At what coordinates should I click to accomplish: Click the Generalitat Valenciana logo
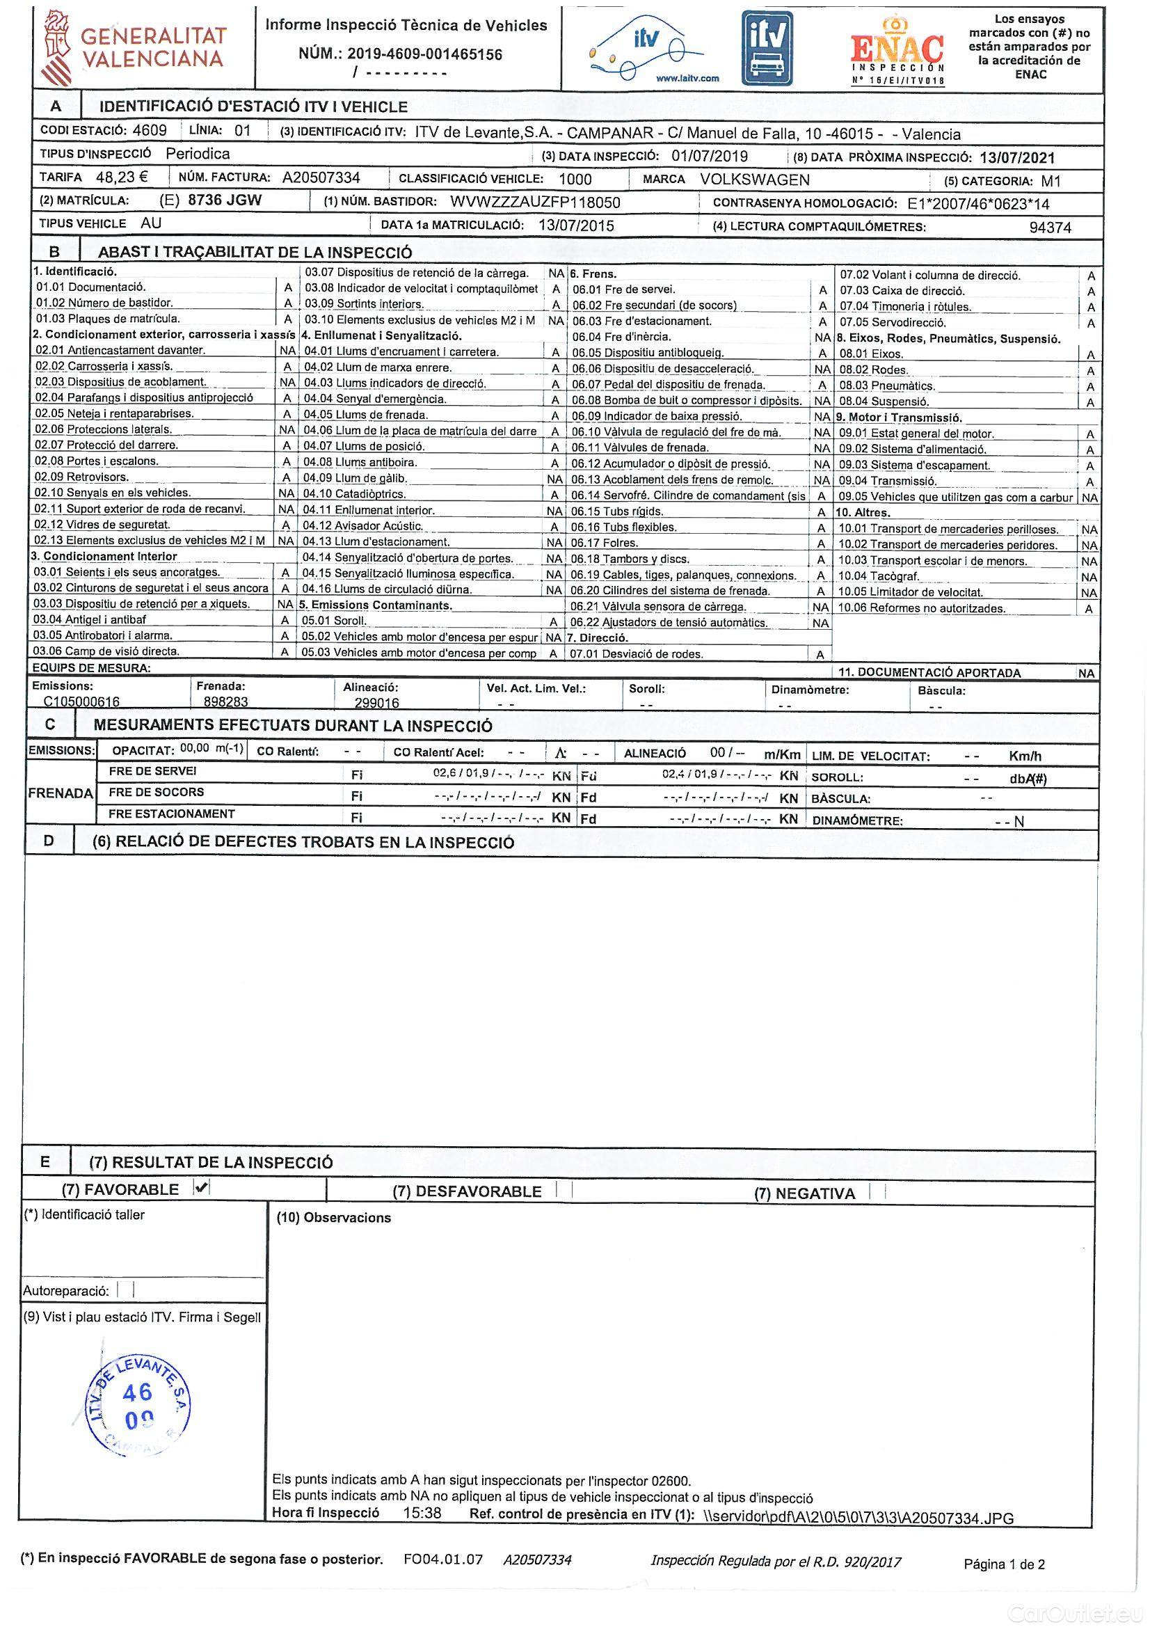(135, 47)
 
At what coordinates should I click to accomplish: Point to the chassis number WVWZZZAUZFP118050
(535, 203)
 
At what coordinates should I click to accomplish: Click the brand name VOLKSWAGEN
(755, 180)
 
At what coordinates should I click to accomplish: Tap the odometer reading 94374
(1049, 228)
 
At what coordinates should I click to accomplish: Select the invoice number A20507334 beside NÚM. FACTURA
(321, 178)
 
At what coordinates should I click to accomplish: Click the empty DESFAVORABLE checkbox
(564, 1191)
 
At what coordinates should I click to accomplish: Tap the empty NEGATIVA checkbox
(877, 1192)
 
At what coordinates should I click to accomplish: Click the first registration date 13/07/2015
(576, 226)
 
